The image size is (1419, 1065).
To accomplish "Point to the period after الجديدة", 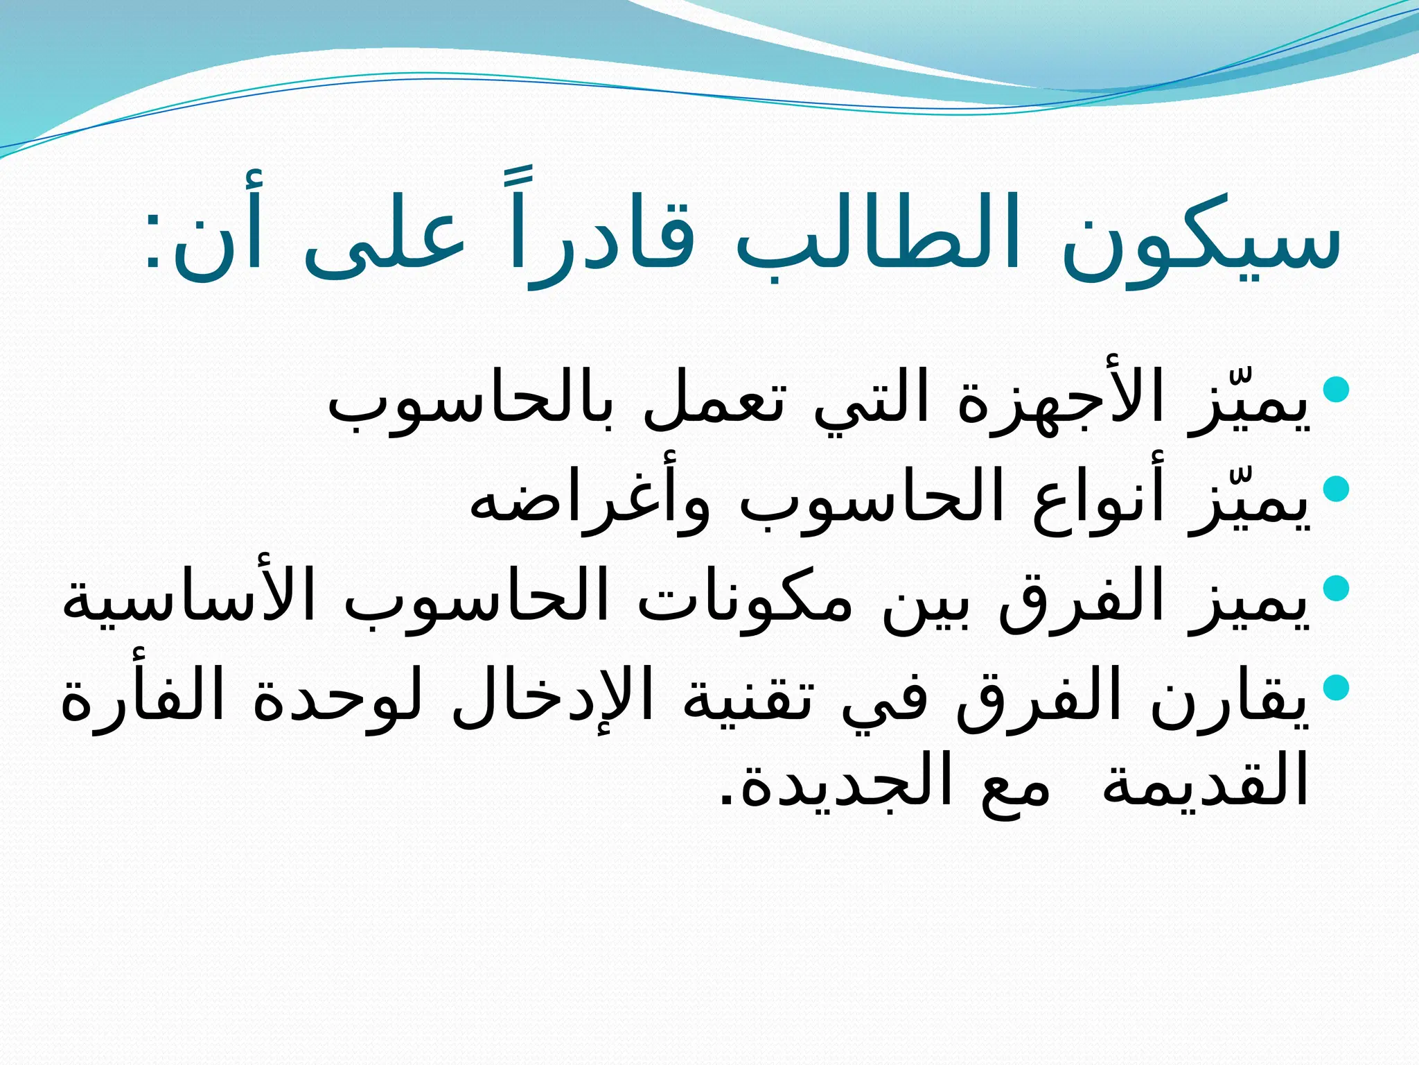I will (727, 799).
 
